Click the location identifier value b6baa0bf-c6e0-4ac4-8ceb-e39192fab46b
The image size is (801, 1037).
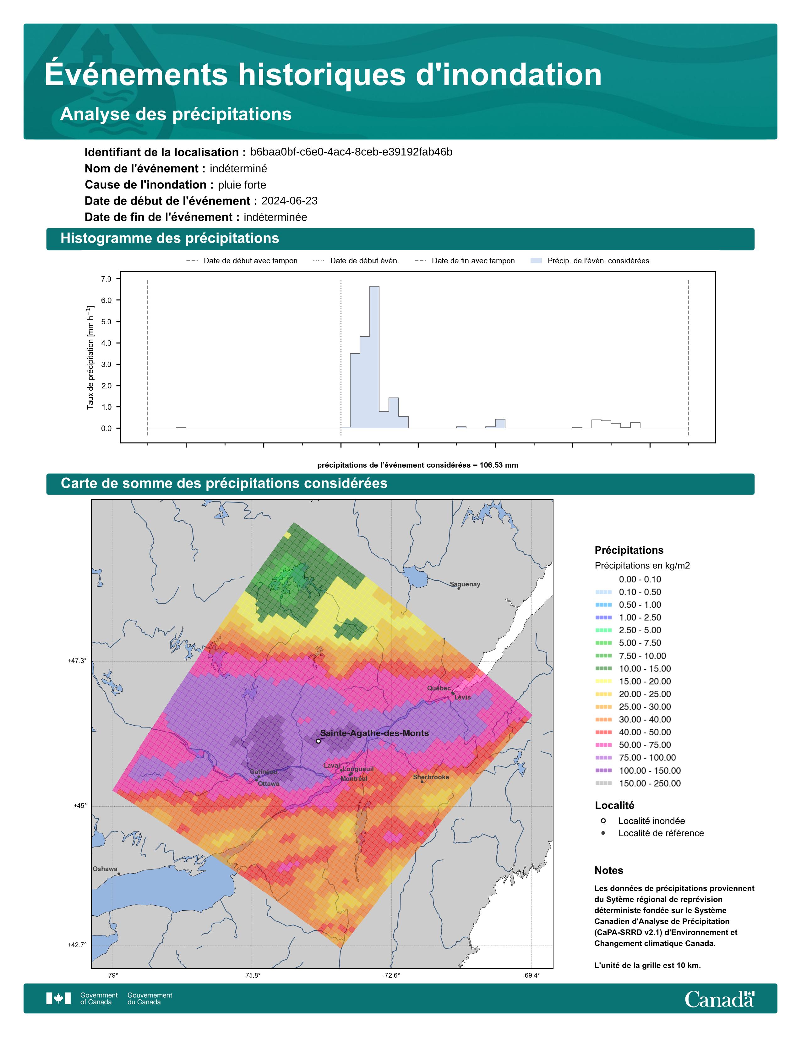coord(351,152)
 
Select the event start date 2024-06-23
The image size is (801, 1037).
coord(290,201)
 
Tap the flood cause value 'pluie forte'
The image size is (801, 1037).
coord(242,185)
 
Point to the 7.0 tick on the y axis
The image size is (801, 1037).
coord(106,279)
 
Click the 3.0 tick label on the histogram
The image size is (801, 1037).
coord(106,364)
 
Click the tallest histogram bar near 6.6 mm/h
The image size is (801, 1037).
coord(374,357)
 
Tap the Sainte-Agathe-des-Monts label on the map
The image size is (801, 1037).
coord(374,733)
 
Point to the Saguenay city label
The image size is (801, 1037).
coord(465,584)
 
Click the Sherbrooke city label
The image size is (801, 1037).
coord(431,777)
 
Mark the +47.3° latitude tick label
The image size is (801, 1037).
coord(77,661)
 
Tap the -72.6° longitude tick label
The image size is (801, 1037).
coord(391,976)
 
